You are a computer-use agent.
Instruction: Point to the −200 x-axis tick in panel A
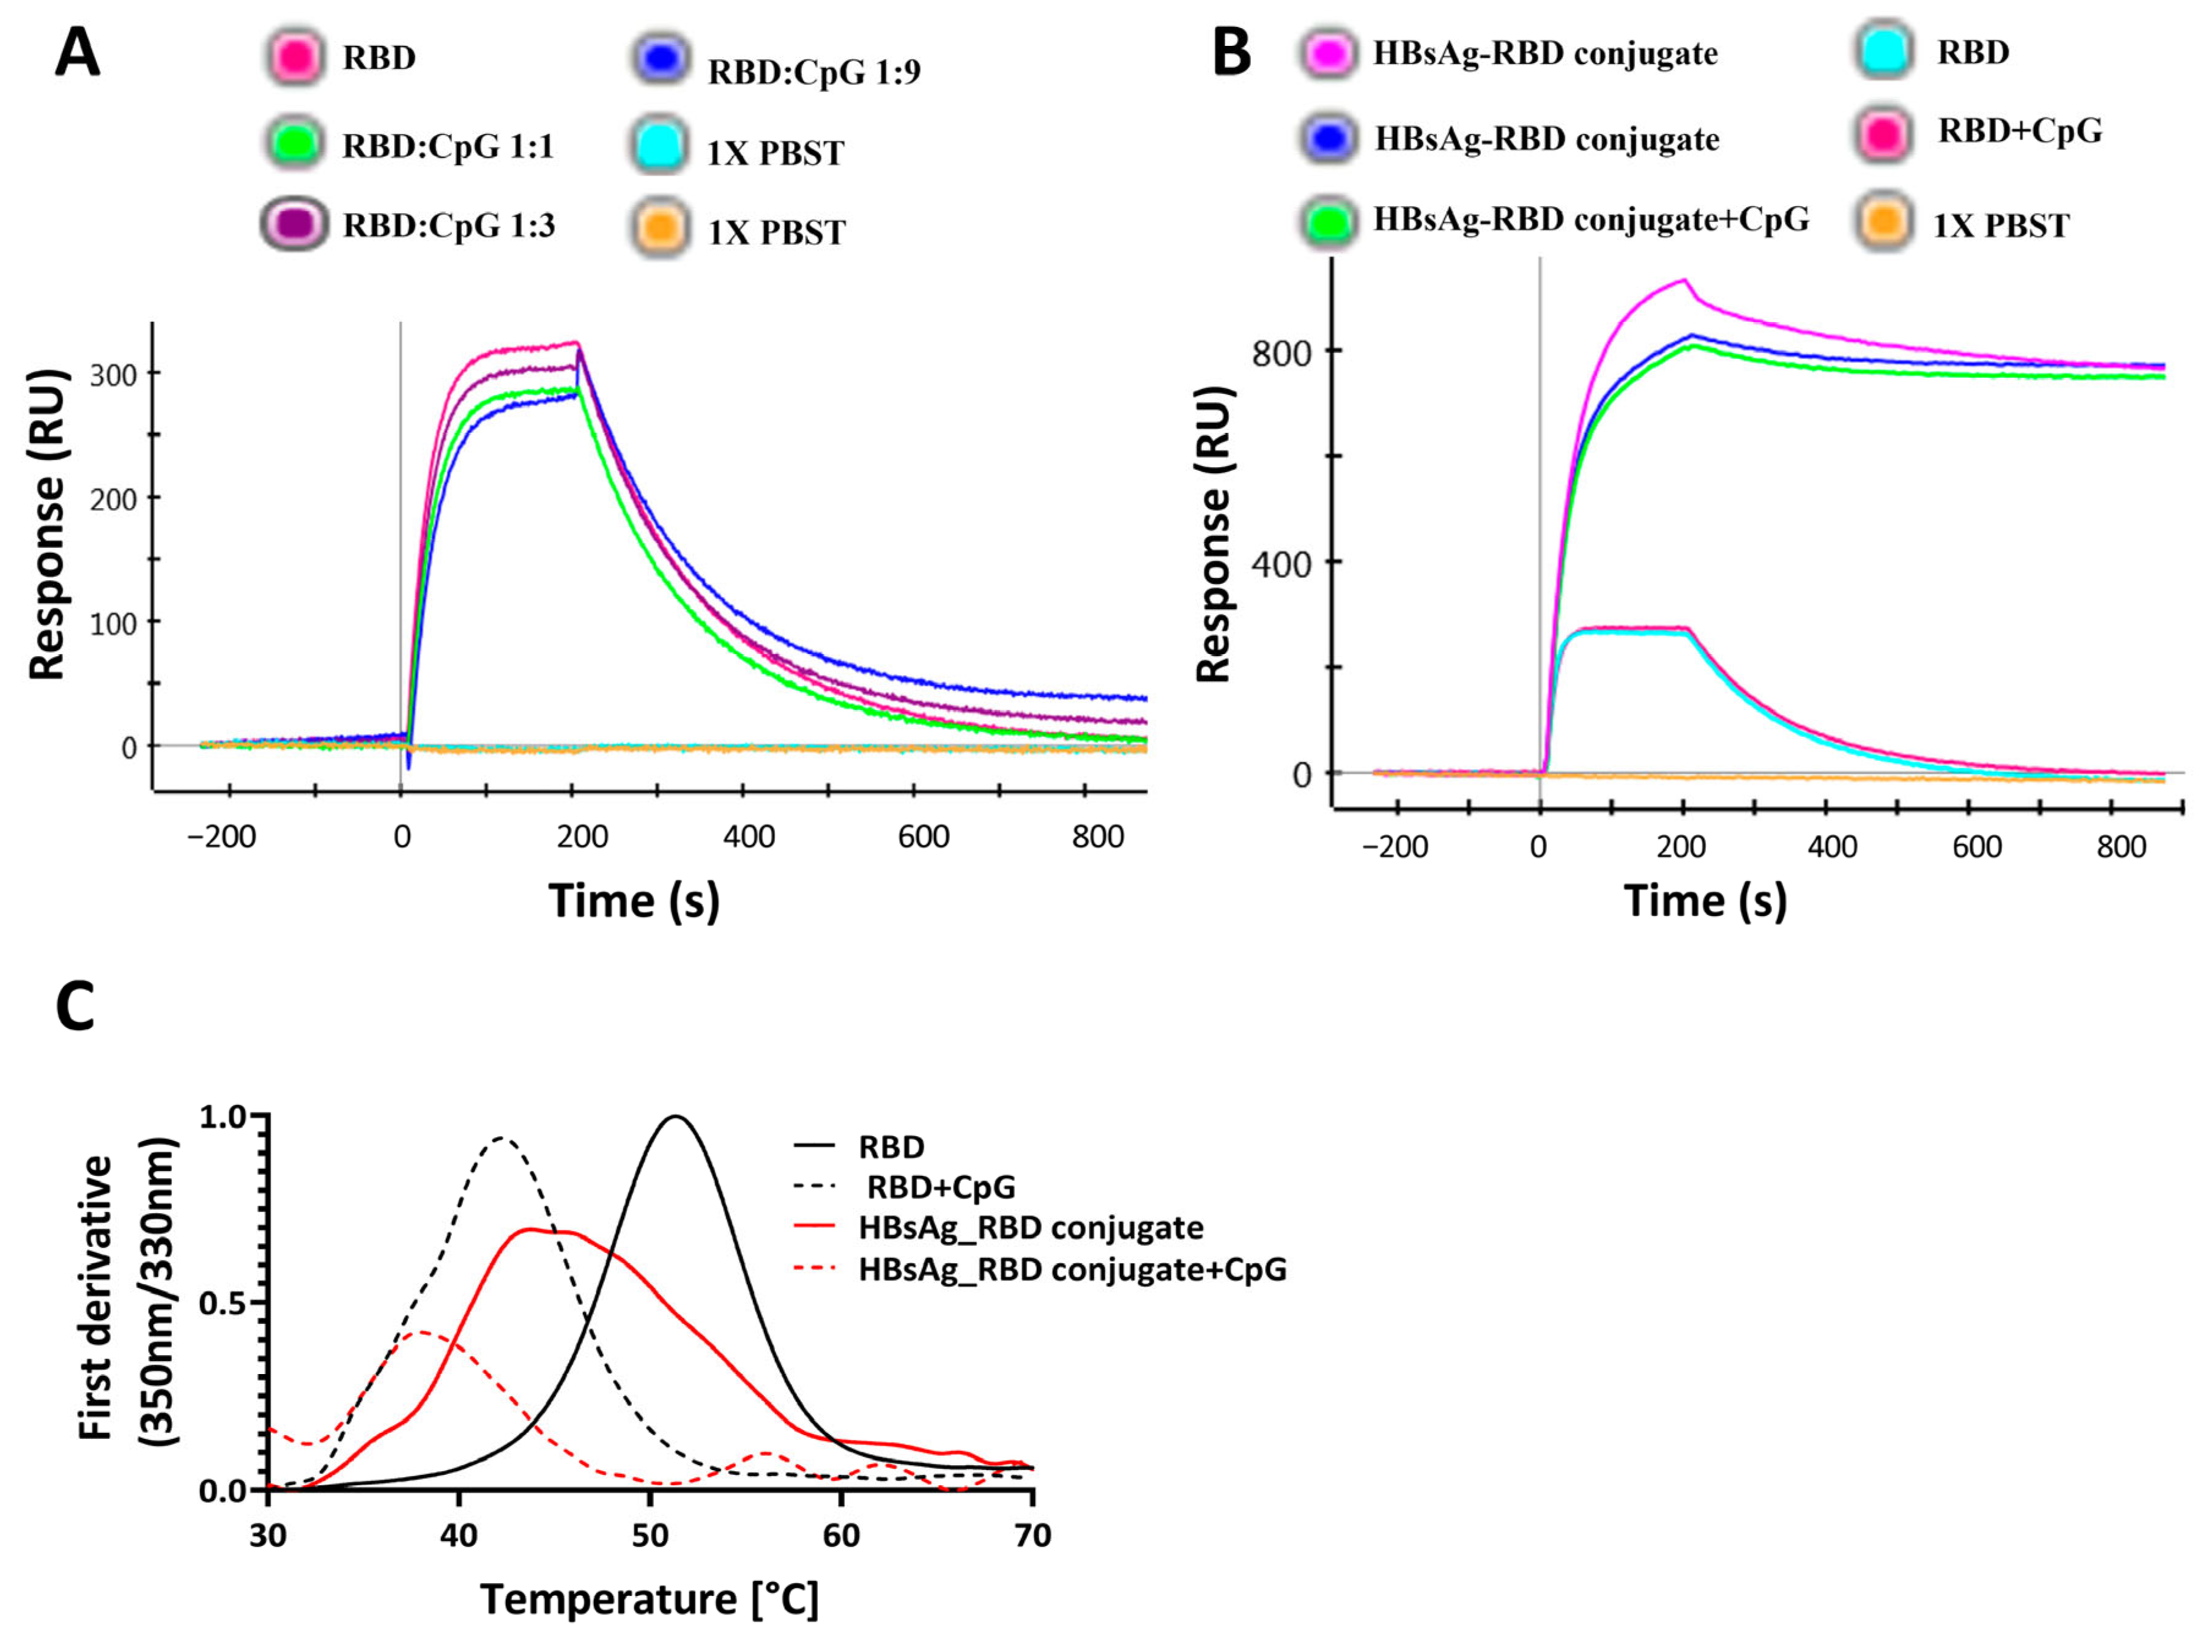(222, 837)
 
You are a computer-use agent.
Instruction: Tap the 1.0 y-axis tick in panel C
(223, 1117)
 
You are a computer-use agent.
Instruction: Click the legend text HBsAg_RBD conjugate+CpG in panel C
(1072, 1269)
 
